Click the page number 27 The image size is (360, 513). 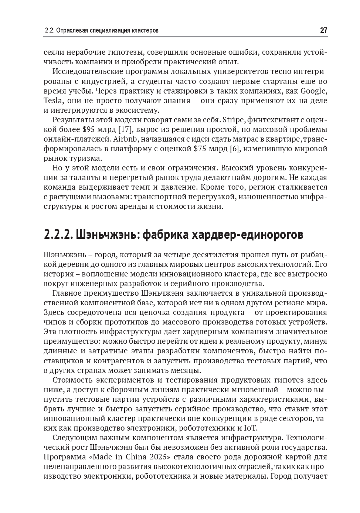tap(323, 30)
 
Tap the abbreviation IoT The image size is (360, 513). tap(250, 428)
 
